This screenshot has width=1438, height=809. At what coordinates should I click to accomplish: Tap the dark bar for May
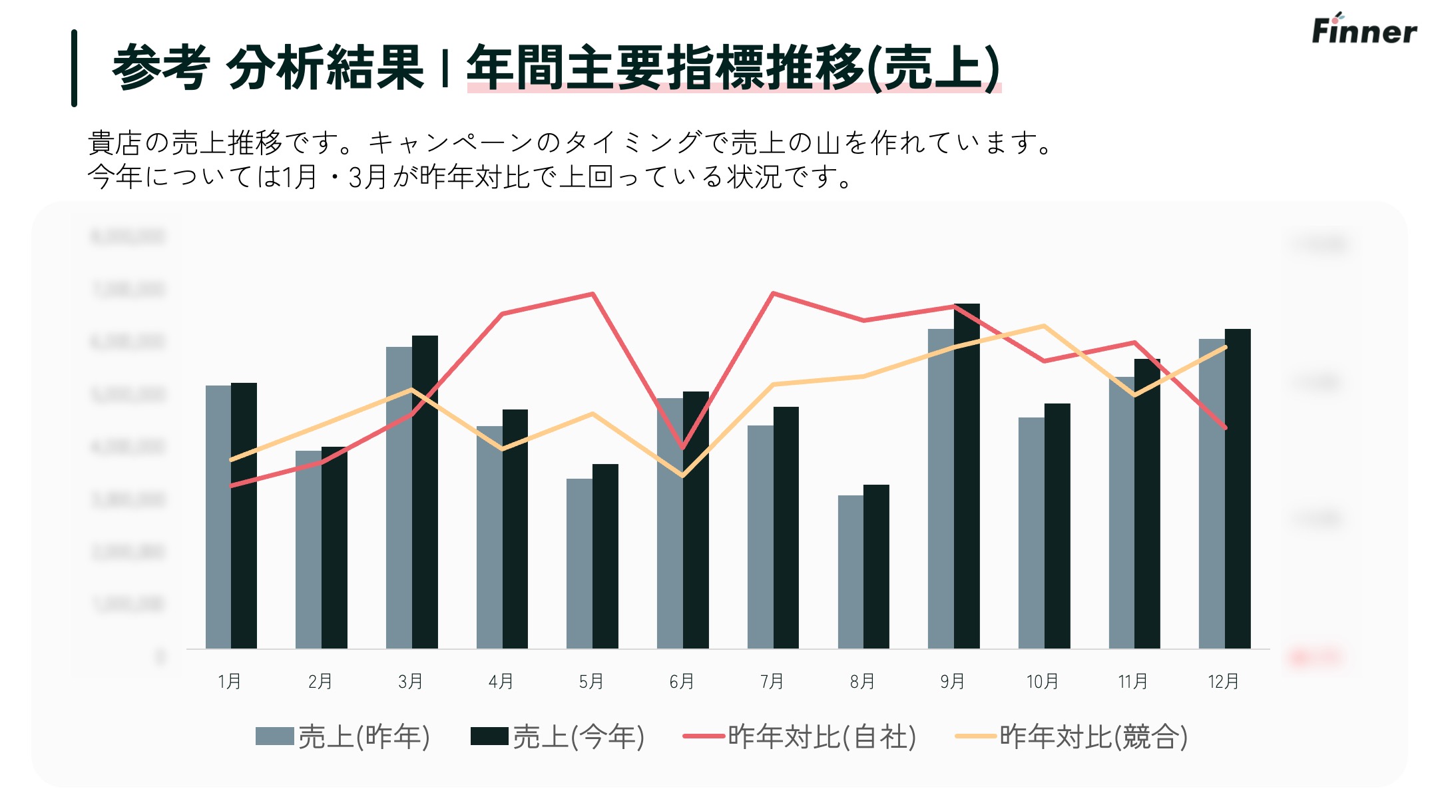coord(605,556)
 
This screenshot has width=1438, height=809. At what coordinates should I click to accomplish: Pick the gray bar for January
coord(218,517)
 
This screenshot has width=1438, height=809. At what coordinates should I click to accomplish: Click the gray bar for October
coord(1031,533)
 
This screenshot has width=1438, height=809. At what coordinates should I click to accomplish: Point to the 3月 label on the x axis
coord(410,681)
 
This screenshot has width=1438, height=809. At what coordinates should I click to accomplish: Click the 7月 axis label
coord(772,681)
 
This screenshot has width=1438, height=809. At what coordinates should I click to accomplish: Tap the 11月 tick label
coord(1132,681)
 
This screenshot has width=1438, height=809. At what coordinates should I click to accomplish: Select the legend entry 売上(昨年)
coord(344,736)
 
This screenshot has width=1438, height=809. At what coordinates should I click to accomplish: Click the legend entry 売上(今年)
coord(558,736)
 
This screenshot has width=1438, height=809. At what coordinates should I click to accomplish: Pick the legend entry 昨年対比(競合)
coord(1072,736)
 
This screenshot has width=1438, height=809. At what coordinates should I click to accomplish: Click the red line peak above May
coord(593,294)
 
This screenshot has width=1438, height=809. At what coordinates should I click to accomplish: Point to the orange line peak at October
coord(1044,326)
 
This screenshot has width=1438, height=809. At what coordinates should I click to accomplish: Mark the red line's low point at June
coord(682,447)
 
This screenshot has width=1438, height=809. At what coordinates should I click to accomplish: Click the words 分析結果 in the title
coord(325,68)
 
